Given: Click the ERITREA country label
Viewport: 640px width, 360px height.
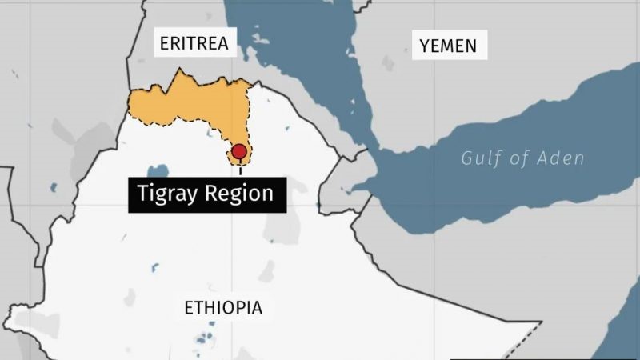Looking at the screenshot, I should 194,43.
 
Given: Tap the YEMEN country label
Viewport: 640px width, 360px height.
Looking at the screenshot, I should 448,46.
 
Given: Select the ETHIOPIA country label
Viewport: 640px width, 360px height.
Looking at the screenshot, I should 223,307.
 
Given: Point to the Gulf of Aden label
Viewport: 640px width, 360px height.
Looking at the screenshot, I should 522,158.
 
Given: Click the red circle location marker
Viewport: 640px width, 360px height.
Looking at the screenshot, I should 239,152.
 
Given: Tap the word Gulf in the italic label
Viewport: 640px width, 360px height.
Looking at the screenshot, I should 479,158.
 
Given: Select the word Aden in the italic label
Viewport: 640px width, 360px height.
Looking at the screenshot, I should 562,158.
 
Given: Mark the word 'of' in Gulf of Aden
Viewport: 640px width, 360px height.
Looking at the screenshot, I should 518,158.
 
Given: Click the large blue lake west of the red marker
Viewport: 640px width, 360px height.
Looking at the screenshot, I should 158,171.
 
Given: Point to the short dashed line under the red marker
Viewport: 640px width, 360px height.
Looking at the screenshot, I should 239,169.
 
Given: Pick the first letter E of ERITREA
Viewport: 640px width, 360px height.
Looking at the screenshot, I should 164,43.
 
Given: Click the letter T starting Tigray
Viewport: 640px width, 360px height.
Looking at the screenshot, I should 142,194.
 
